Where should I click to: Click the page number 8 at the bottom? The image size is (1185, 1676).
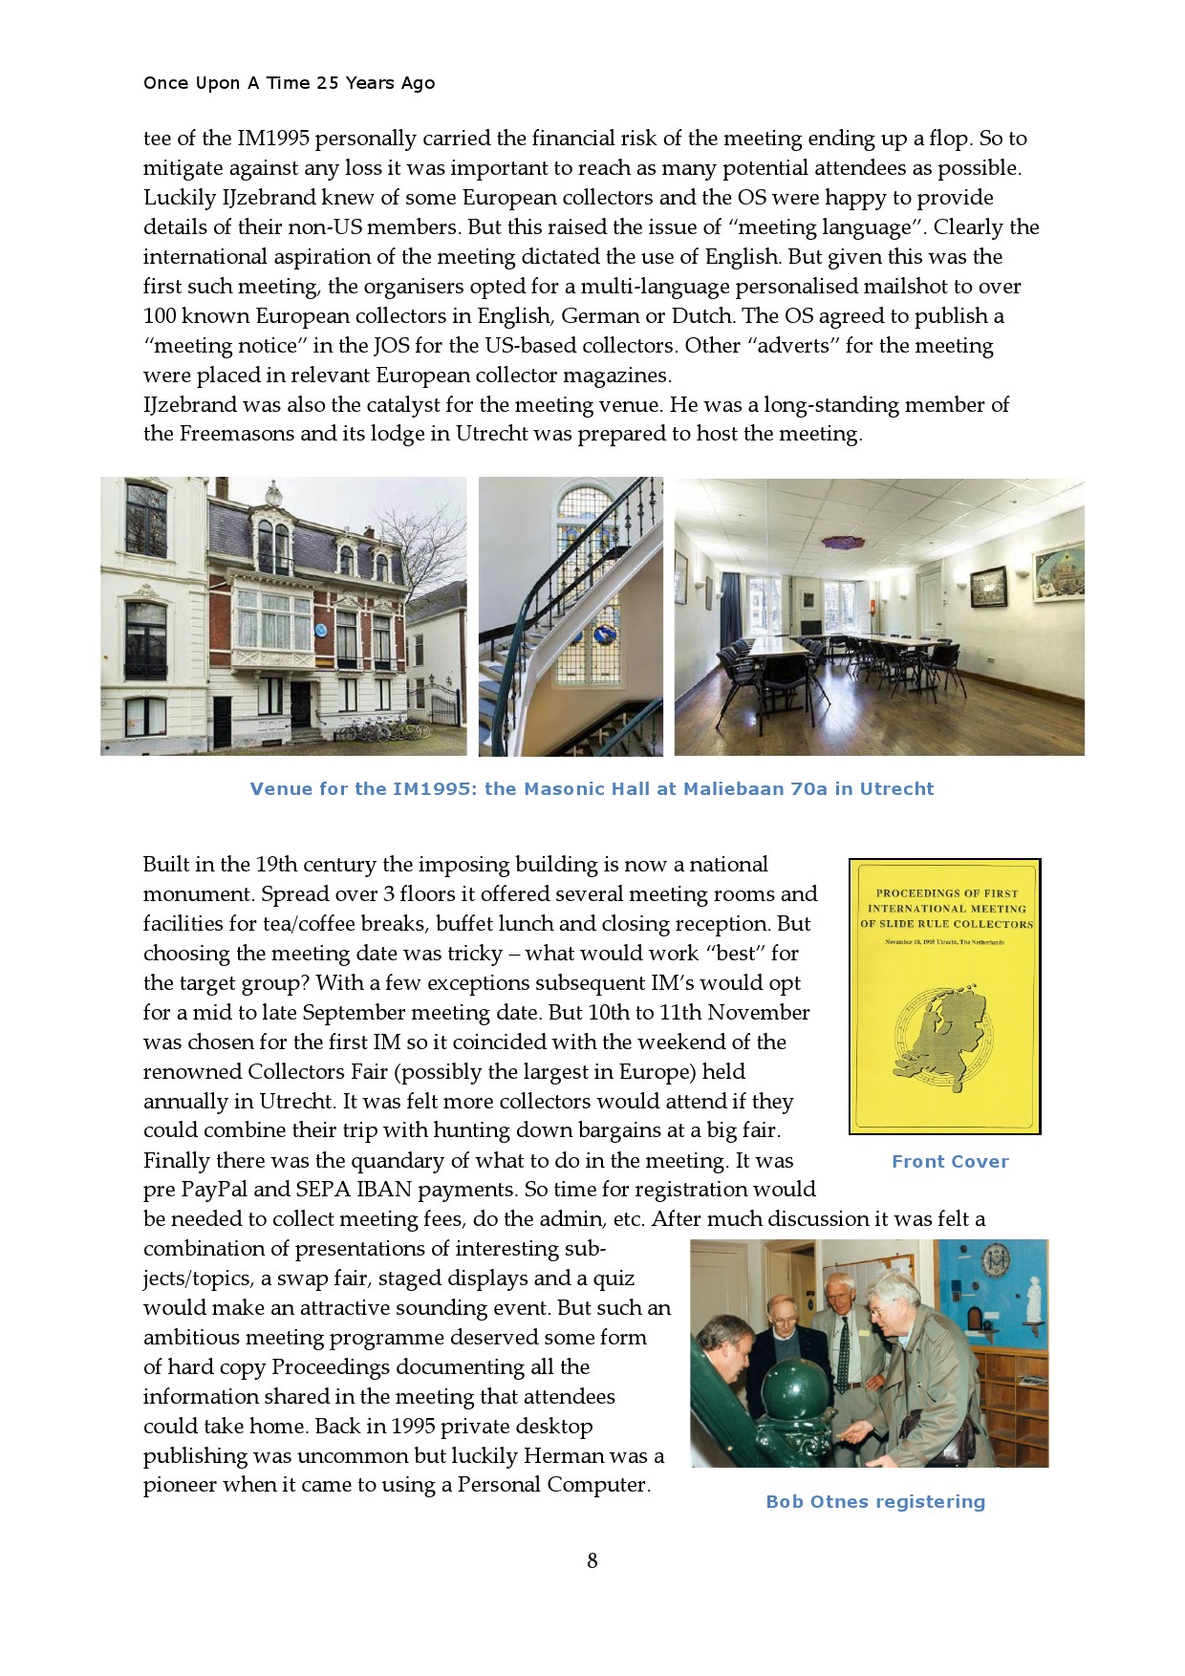pyautogui.click(x=592, y=1560)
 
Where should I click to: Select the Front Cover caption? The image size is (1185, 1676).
pyautogui.click(x=950, y=1162)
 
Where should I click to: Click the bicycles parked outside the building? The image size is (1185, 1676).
pyautogui.click(x=382, y=729)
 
